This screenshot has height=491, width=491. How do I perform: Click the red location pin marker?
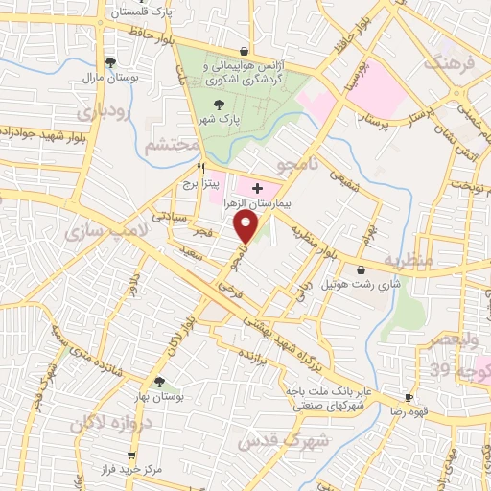247,227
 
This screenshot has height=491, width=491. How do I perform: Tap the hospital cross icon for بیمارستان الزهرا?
257,188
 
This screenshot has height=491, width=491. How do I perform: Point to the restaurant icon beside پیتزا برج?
200,167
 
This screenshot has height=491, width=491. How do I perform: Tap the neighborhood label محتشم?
171,145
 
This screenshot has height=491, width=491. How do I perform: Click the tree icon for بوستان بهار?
159,382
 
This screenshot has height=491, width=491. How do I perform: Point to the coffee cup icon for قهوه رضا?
409,397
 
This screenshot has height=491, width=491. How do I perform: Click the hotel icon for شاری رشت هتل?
361,271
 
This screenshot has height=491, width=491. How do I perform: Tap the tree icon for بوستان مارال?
111,62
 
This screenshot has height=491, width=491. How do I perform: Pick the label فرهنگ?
454,63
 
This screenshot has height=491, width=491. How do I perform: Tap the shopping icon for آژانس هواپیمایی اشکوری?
246,52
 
